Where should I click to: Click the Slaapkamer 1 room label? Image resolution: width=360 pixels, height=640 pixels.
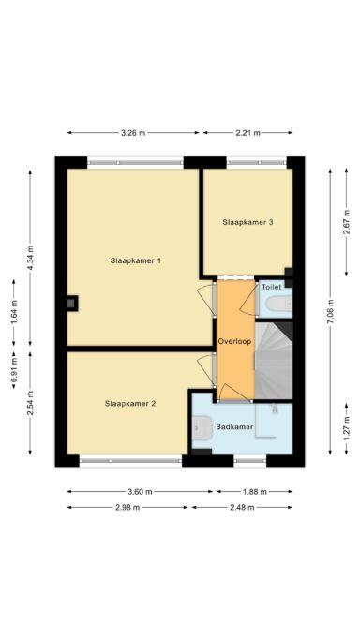(135, 260)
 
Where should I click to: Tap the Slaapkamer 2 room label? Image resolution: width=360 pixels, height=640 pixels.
(130, 404)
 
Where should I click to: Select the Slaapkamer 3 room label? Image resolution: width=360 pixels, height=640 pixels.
(247, 222)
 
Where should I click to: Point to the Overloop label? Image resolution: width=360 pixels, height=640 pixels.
(234, 341)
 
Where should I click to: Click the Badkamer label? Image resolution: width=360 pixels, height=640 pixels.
(234, 427)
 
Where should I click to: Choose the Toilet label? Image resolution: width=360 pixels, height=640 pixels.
(272, 287)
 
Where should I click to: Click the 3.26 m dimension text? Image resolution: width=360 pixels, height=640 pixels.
(133, 133)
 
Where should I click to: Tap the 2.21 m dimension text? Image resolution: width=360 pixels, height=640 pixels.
(247, 133)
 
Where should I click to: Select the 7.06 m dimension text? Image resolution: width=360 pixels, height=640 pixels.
(330, 312)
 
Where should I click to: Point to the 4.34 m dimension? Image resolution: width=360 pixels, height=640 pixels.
(30, 258)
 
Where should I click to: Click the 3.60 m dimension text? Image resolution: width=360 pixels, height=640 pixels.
(140, 492)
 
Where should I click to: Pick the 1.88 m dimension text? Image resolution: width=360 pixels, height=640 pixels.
(254, 492)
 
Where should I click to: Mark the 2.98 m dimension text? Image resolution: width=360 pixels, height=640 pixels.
(127, 507)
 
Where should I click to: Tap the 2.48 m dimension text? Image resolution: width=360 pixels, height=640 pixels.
(242, 507)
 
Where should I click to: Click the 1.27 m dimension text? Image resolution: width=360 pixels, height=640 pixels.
(347, 428)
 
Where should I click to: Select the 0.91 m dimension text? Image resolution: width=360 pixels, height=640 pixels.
(14, 372)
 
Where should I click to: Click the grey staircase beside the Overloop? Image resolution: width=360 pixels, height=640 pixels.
(274, 361)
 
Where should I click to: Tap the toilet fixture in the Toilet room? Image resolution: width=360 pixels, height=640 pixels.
(278, 304)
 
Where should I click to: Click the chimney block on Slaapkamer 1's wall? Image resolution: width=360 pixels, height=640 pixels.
(72, 303)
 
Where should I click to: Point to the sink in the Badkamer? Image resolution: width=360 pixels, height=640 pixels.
(202, 427)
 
